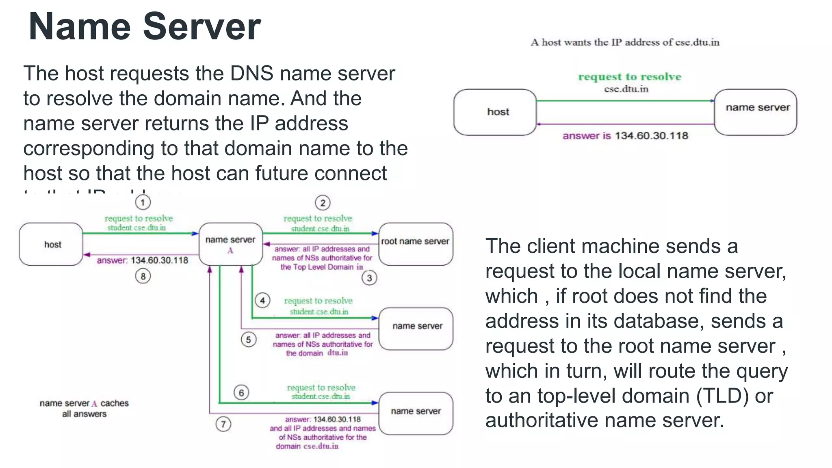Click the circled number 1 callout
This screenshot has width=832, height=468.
pos(143,202)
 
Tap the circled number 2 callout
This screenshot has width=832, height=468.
pos(323,203)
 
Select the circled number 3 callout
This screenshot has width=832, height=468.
pos(369,278)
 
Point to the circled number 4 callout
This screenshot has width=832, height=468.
pos(262,301)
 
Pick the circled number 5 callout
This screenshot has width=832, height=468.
pos(248,340)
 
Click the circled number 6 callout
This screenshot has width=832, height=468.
pos(241,392)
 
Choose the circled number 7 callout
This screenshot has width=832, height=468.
pos(223,424)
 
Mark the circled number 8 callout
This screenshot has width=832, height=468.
pos(143,277)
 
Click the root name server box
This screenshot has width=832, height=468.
pos(416,244)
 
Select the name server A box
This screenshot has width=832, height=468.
pos(230,244)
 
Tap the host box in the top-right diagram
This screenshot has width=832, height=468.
pos(495,112)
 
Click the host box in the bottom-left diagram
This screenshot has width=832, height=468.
pos(51,244)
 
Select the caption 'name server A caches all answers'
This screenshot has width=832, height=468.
pos(84,408)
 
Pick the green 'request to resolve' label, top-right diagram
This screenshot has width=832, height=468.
pos(629,76)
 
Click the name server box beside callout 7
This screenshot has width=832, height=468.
pos(416,413)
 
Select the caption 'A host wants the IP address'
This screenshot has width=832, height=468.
pos(625,42)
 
